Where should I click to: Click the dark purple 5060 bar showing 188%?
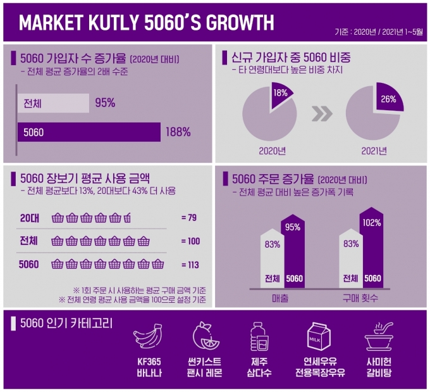click(89, 132)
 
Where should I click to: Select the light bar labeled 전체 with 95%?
click(54, 103)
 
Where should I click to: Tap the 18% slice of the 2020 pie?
click(281, 95)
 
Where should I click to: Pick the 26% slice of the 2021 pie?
click(389, 98)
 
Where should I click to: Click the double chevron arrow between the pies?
click(322, 113)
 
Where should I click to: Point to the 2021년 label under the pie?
click(374, 151)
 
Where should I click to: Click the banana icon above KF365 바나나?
click(148, 336)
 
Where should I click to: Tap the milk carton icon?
click(318, 336)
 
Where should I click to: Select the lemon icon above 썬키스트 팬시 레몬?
click(206, 336)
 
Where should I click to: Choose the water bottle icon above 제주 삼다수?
click(259, 336)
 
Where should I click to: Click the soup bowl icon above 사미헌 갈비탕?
click(379, 336)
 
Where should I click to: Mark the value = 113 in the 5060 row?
click(190, 265)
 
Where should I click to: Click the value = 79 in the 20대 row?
click(189, 218)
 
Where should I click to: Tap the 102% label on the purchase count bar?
click(372, 223)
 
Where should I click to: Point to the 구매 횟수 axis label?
click(360, 298)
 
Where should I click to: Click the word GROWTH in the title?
click(240, 22)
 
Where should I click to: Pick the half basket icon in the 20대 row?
click(127, 218)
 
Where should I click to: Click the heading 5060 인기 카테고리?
click(66, 324)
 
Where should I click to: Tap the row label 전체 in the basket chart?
click(28, 241)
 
